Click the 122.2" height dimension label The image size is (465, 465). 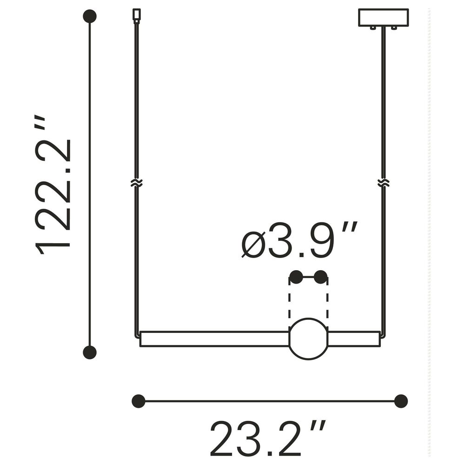pos(53,186)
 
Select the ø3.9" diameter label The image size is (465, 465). pos(299,239)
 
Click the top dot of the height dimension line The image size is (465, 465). pos(90,16)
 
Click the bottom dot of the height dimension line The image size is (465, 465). pos(90,352)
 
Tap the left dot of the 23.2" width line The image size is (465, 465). pos(139,401)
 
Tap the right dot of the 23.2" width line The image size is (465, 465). pos(401,401)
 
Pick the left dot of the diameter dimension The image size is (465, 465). pos(296,277)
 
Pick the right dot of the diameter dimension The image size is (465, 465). pos(321,277)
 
